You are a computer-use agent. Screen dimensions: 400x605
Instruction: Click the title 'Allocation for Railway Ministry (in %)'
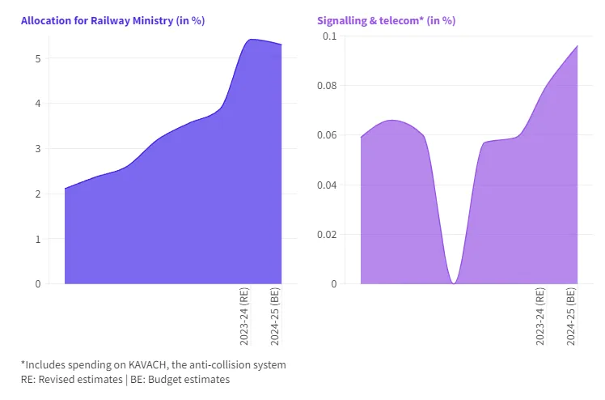pyautogui.click(x=112, y=20)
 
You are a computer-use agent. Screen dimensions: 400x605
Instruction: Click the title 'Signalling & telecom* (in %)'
pyautogui.click(x=387, y=20)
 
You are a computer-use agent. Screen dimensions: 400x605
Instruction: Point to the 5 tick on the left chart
pyautogui.click(x=37, y=58)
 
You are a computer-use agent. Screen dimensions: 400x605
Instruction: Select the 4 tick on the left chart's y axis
pyautogui.click(x=37, y=104)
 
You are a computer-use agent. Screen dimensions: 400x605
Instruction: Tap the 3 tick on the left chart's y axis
pyautogui.click(x=37, y=149)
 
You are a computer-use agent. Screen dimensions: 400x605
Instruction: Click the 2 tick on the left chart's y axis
pyautogui.click(x=37, y=194)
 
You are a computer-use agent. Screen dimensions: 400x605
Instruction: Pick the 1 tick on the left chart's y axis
pyautogui.click(x=37, y=239)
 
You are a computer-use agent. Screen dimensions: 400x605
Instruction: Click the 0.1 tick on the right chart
pyautogui.click(x=329, y=36)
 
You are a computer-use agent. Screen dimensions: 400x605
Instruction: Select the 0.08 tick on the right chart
pyautogui.click(x=326, y=86)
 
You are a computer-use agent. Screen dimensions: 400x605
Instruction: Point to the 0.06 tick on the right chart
pyautogui.click(x=326, y=135)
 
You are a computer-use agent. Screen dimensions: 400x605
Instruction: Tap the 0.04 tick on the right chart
pyautogui.click(x=326, y=185)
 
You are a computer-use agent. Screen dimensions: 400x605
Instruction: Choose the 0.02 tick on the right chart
pyautogui.click(x=326, y=235)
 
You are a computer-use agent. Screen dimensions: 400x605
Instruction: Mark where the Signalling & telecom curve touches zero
pyautogui.click(x=454, y=283)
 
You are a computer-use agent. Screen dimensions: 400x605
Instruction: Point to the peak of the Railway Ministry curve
pyautogui.click(x=252, y=40)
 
